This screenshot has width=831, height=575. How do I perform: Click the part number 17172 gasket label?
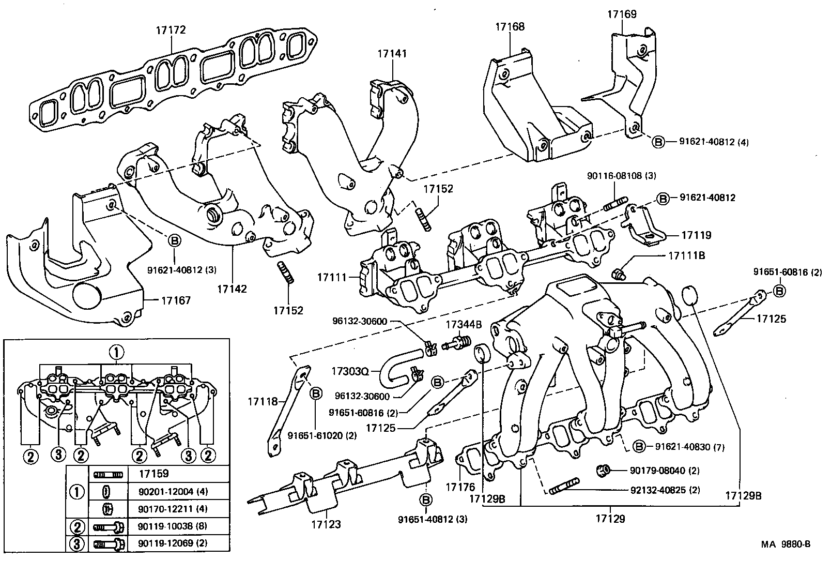pyautogui.click(x=171, y=31)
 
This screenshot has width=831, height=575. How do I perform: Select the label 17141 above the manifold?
pyautogui.click(x=392, y=53)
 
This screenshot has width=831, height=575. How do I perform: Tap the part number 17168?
pyautogui.click(x=510, y=26)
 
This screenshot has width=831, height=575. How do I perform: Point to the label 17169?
pyautogui.click(x=622, y=14)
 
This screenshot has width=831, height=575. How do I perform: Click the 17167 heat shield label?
pyautogui.click(x=176, y=300)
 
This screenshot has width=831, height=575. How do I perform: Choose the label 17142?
pyautogui.click(x=232, y=289)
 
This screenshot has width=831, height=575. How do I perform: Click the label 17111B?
pyautogui.click(x=687, y=255)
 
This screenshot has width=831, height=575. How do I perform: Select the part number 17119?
pyautogui.click(x=696, y=235)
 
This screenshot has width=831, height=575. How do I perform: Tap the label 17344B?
pyautogui.click(x=464, y=325)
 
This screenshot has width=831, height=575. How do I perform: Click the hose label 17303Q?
pyautogui.click(x=350, y=371)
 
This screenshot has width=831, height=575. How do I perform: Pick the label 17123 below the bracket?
pyautogui.click(x=326, y=524)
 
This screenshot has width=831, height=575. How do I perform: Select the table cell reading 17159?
pyautogui.click(x=154, y=474)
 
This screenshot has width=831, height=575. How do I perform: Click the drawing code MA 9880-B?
pyautogui.click(x=785, y=544)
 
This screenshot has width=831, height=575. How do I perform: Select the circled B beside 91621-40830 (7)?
pyautogui.click(x=639, y=447)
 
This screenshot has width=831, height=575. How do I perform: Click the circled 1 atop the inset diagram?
pyautogui.click(x=117, y=353)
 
